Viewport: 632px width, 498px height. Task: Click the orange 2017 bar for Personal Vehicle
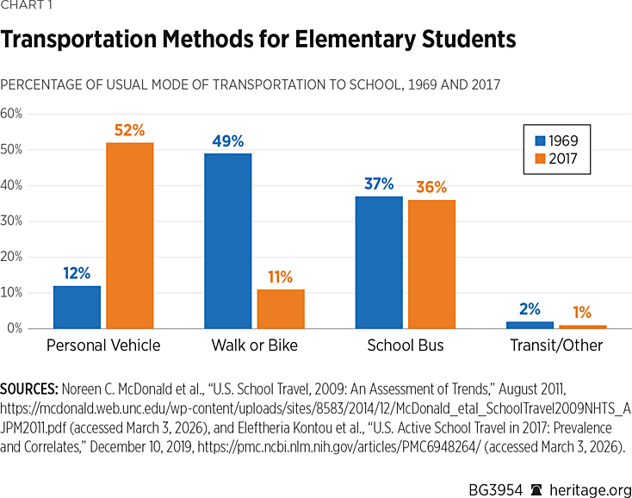[x=129, y=235]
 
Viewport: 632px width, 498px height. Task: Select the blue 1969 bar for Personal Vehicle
[x=77, y=307]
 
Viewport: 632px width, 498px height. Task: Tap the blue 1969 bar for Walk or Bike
[x=228, y=241]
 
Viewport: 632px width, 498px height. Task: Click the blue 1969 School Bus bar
[x=379, y=262]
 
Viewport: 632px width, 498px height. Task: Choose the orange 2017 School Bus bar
[x=431, y=264]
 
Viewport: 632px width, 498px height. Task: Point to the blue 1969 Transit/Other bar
[x=530, y=325]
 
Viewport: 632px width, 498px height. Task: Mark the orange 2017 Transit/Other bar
[x=582, y=327]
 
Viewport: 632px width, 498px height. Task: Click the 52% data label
[x=129, y=131]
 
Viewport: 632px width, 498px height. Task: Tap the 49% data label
[x=228, y=141]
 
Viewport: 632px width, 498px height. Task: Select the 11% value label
[x=280, y=277]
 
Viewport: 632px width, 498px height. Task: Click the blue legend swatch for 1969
[x=540, y=141]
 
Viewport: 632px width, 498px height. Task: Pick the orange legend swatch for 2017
[x=540, y=159]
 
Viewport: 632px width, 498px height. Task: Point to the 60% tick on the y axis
[x=11, y=114]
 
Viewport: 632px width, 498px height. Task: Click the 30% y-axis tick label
[x=11, y=221]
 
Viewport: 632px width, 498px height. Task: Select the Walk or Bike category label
[x=254, y=345]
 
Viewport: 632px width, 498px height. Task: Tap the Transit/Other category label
[x=555, y=345]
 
